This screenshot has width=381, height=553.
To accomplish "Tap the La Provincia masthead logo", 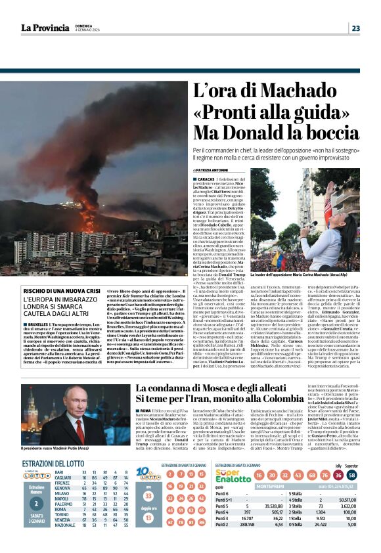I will (45, 28).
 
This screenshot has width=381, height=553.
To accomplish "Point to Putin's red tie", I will (79, 430).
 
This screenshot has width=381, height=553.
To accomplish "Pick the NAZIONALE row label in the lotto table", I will (65, 544).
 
